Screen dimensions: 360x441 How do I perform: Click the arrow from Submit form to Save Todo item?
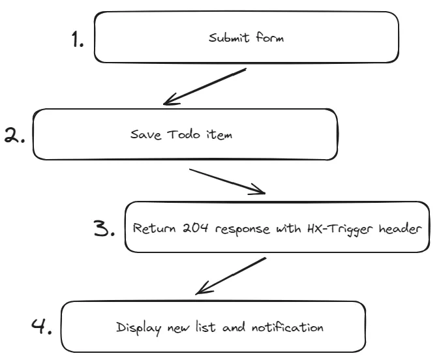tap(204, 86)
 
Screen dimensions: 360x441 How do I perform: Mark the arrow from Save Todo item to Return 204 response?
tap(227, 181)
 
